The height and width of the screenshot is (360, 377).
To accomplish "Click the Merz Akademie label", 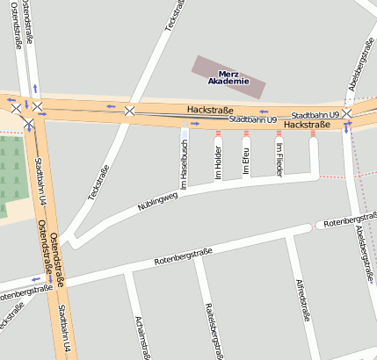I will coord(228,77).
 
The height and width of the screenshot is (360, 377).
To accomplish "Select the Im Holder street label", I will coord(219,161).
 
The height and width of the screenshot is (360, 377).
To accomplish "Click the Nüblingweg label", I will coord(157,205).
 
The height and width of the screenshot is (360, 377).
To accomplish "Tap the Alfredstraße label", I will coord(304,299).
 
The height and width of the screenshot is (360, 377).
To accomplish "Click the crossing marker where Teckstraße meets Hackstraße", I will coord(130,111).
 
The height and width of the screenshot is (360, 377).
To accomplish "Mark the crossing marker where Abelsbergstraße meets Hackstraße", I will coord(347,114).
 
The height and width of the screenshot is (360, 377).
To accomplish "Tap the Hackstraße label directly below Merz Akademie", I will coord(209,110).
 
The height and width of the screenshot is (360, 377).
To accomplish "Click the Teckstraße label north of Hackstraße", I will coord(173,18).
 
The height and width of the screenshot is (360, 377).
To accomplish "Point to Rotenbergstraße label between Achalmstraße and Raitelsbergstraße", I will coord(184,257).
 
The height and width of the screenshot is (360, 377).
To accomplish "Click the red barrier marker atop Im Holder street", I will coord(219,133).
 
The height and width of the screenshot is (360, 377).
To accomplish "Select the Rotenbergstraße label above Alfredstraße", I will coord(350,220).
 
